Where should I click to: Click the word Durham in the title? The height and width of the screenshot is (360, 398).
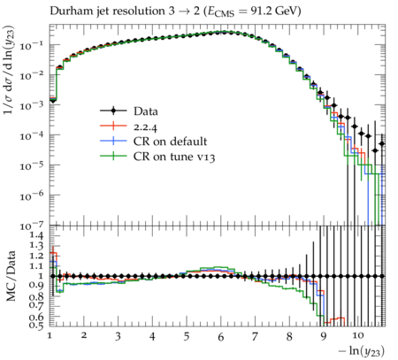69,11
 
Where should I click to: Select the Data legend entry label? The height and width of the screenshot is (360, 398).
146,111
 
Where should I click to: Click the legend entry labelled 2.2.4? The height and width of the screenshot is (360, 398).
145,127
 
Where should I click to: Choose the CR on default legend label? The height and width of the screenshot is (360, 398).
170,142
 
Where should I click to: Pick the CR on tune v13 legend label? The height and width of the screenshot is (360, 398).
174,157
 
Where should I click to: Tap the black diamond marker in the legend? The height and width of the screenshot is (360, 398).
113,111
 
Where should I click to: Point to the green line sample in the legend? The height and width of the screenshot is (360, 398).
113,156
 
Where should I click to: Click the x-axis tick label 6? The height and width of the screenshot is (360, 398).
221,337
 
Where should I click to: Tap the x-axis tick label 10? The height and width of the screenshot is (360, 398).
358,335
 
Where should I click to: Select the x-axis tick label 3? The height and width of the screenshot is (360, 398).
118,336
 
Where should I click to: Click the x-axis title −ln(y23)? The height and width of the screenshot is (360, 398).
362,351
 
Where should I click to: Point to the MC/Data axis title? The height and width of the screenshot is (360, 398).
11,276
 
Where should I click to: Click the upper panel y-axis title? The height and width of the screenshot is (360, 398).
9,70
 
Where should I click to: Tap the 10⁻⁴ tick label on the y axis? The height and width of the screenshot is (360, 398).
32,136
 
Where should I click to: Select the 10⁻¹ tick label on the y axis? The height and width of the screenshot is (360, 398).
32,46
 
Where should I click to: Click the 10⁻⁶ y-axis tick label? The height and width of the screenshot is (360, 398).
32,196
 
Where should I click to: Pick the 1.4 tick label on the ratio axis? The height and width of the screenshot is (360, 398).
36,235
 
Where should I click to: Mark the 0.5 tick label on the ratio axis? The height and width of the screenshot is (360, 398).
36,325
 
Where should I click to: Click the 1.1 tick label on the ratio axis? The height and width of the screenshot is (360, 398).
36,266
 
